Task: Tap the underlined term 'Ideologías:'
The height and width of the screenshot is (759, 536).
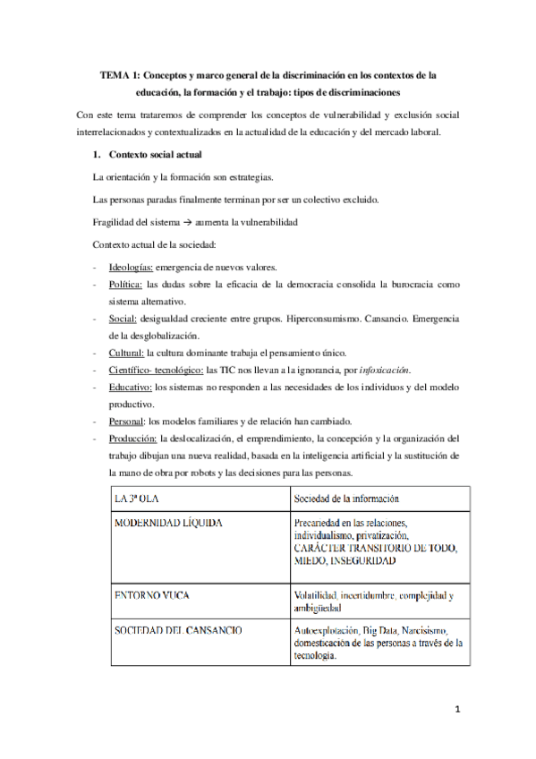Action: [131, 268]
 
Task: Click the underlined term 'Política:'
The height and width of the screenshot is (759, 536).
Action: [126, 285]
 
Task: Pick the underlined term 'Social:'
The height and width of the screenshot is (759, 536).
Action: [123, 318]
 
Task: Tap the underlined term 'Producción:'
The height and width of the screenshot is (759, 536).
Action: [132, 438]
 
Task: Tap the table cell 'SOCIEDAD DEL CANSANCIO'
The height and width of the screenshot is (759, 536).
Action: [177, 605]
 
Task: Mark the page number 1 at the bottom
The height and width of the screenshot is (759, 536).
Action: [455, 711]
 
